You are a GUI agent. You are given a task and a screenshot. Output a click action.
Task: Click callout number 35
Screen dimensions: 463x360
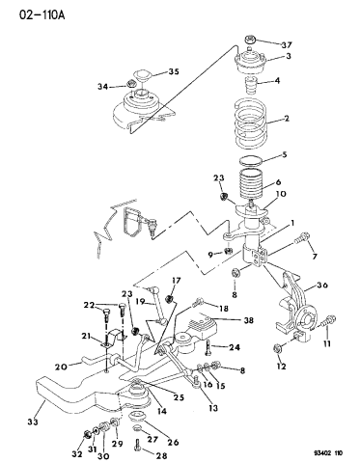point(175,71)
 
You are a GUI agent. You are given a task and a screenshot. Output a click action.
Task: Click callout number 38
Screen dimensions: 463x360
point(249,321)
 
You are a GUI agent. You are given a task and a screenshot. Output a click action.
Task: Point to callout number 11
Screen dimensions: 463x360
point(326,343)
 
